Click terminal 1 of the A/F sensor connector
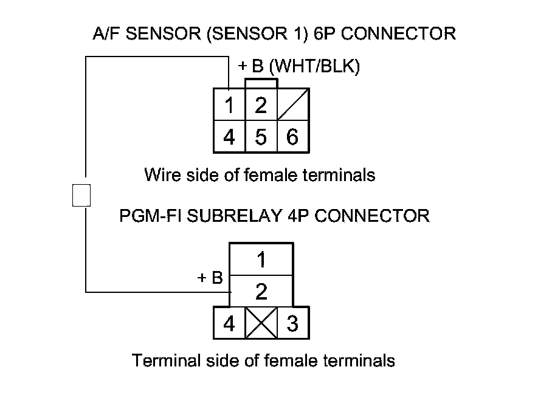(x=229, y=106)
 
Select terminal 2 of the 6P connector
(x=261, y=106)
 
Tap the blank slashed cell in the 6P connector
(x=293, y=105)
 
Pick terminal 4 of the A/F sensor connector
(x=229, y=137)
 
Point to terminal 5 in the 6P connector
(x=261, y=137)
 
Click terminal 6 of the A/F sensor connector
(x=292, y=137)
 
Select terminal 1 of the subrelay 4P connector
(x=261, y=260)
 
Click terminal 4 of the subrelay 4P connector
(x=229, y=324)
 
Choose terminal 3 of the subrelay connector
(x=292, y=324)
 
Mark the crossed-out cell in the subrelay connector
(x=261, y=323)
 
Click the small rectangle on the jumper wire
(x=81, y=195)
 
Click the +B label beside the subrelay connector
(x=210, y=278)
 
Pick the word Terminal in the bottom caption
(x=160, y=360)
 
